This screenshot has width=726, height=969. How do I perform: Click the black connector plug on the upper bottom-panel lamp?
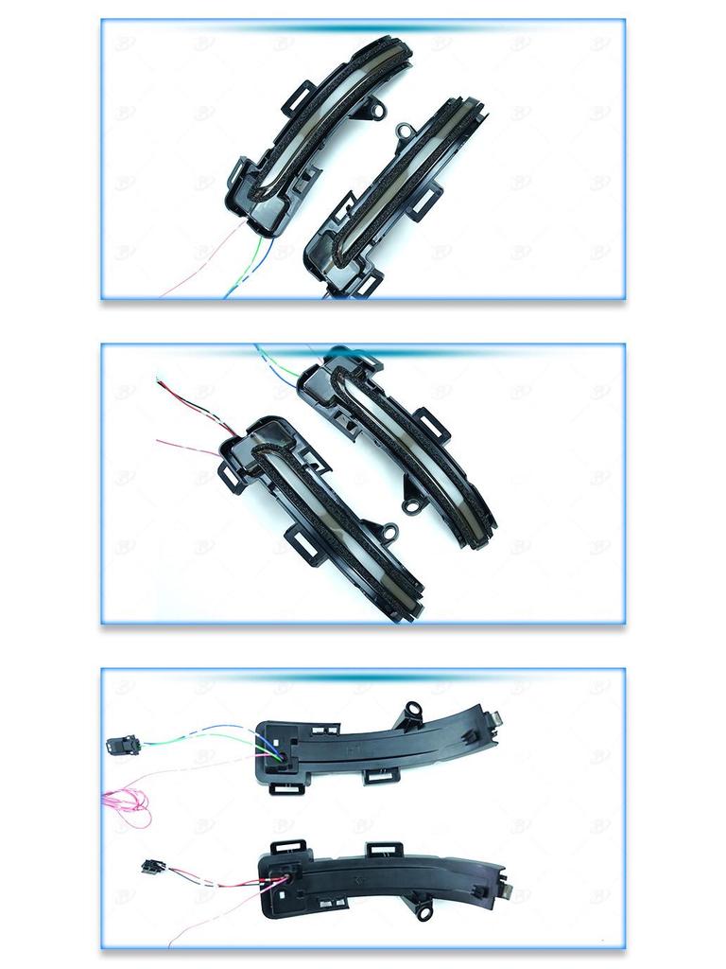click(123, 744)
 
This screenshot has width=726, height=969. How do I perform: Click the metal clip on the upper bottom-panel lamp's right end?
click(494, 719)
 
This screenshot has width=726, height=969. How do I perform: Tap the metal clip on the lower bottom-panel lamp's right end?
click(508, 892)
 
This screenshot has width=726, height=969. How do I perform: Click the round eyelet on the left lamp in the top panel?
click(376, 111)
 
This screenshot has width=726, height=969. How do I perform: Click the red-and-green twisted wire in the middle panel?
click(189, 402)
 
